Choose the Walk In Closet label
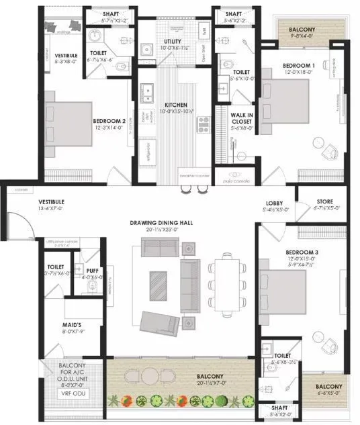(240, 118)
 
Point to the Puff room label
(91, 270)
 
